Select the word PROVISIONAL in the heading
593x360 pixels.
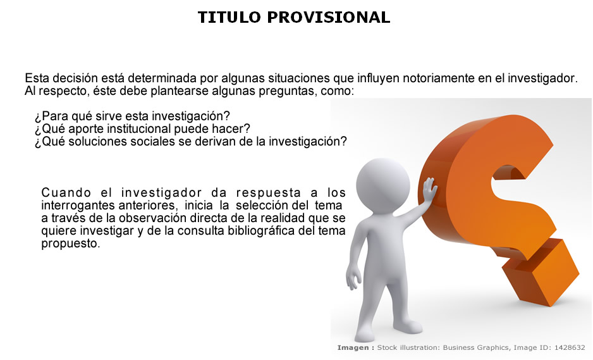[329, 18]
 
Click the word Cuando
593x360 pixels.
[66, 192]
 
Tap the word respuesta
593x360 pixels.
[269, 192]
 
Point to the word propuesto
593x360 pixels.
[70, 244]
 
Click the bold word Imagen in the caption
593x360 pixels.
[353, 347]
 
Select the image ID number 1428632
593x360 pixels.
[570, 347]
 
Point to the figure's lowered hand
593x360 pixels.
[353, 278]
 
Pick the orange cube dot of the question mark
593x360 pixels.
[541, 273]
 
